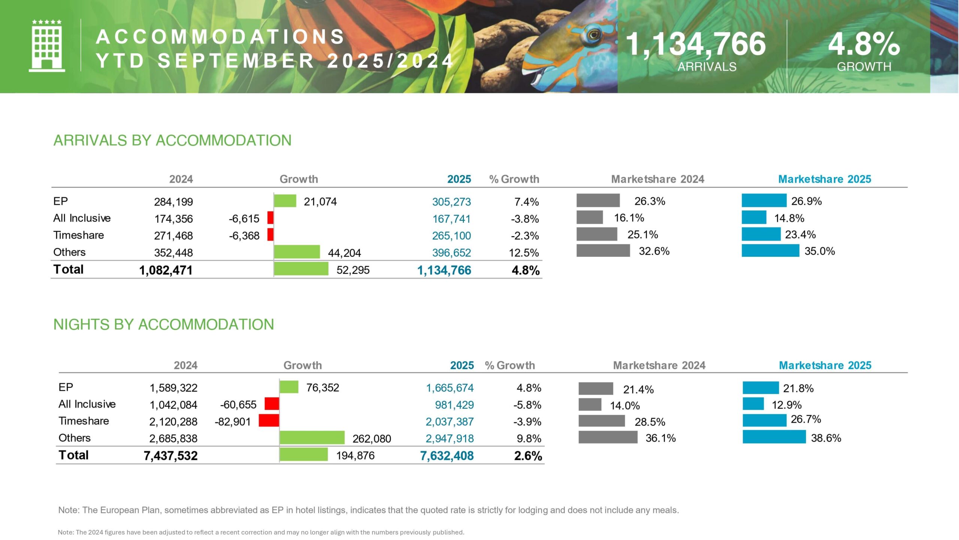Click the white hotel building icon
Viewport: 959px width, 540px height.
coord(47,46)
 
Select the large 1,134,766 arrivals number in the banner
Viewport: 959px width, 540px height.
coord(696,44)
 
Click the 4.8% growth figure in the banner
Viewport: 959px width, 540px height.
coord(863,44)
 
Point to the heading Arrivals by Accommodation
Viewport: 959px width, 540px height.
coord(172,140)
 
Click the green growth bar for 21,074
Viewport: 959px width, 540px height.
coord(285,201)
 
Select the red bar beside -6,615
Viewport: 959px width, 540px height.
coord(270,218)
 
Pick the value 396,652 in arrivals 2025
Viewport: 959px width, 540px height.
coord(451,253)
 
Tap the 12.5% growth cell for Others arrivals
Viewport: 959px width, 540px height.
coord(523,253)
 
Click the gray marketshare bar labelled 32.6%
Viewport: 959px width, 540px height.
coord(603,250)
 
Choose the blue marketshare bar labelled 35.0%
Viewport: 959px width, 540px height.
coord(770,250)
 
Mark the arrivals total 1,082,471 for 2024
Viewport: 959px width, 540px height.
coord(166,270)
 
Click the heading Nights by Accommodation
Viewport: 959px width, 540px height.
coord(164,324)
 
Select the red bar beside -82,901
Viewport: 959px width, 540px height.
coord(269,421)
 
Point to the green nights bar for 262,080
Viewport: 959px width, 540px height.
coord(312,438)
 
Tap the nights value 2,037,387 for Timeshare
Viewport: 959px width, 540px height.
coord(450,422)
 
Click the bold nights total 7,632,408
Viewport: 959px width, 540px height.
coord(447,456)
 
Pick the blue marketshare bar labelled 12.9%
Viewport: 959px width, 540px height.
coord(753,404)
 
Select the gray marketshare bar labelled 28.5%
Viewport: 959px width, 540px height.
coord(602,421)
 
